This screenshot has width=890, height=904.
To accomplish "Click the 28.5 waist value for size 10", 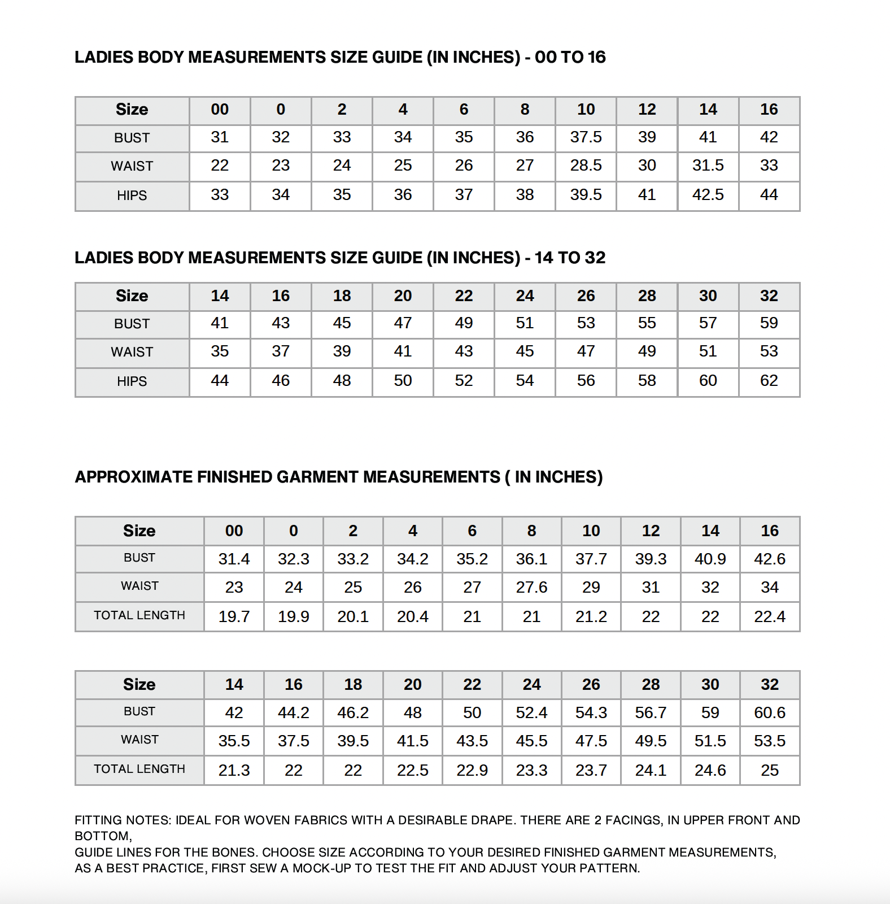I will (x=586, y=166).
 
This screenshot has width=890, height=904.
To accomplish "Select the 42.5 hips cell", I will (x=708, y=195).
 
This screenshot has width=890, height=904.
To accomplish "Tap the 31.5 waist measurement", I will (x=708, y=166).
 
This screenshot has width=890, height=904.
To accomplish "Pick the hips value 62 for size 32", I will (x=769, y=381).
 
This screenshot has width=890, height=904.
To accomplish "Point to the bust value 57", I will (x=708, y=323).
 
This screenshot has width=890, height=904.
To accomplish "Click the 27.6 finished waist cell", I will (x=531, y=588).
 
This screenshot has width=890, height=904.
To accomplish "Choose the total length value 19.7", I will (x=234, y=617).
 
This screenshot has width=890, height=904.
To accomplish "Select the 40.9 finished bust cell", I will (x=710, y=559).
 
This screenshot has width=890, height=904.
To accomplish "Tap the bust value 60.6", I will (x=769, y=713).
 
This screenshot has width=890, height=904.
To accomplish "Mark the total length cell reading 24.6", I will (x=710, y=771).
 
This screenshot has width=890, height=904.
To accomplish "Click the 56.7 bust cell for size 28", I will (x=651, y=713).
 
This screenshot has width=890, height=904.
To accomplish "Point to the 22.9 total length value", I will (x=472, y=771).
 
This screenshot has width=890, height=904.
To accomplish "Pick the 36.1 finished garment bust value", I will (x=531, y=559).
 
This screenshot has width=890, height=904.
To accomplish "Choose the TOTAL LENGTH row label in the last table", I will (x=139, y=770).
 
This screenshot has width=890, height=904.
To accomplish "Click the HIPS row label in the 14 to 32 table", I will (x=132, y=382).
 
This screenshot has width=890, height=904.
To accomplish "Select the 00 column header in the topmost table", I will (x=220, y=110).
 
